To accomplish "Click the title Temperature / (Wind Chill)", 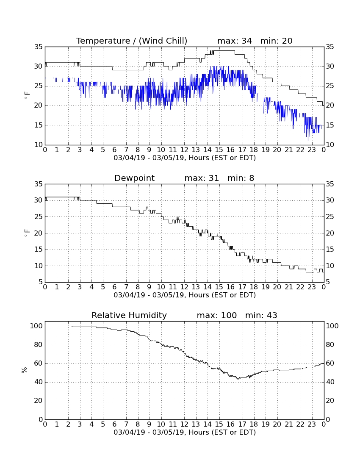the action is pos(132,41).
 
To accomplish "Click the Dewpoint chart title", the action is pos(135,178).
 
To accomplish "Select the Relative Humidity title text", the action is pos(129,315).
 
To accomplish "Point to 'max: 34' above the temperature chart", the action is pos(235,41).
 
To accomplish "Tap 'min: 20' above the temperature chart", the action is pos(277,41).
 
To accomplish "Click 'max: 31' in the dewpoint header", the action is pos(202,178).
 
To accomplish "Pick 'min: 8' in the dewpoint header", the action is pos(241,178).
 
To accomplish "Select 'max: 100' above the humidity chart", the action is pos(217,315).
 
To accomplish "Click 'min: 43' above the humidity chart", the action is pos(261,315).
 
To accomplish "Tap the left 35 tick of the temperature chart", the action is pos(39,47).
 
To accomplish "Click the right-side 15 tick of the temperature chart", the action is pos(330,125).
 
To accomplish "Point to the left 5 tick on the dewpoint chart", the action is pos(41,282).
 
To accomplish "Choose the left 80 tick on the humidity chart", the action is pos(36,345).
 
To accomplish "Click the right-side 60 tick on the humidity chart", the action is pos(330,363).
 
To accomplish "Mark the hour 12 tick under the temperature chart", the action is pos(184,150).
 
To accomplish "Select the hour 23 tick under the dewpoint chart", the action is pos(312,287).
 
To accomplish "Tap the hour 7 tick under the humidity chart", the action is pos(126,424).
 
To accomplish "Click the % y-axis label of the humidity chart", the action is pos(25,370).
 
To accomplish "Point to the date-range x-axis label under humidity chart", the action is pos(185,432).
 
